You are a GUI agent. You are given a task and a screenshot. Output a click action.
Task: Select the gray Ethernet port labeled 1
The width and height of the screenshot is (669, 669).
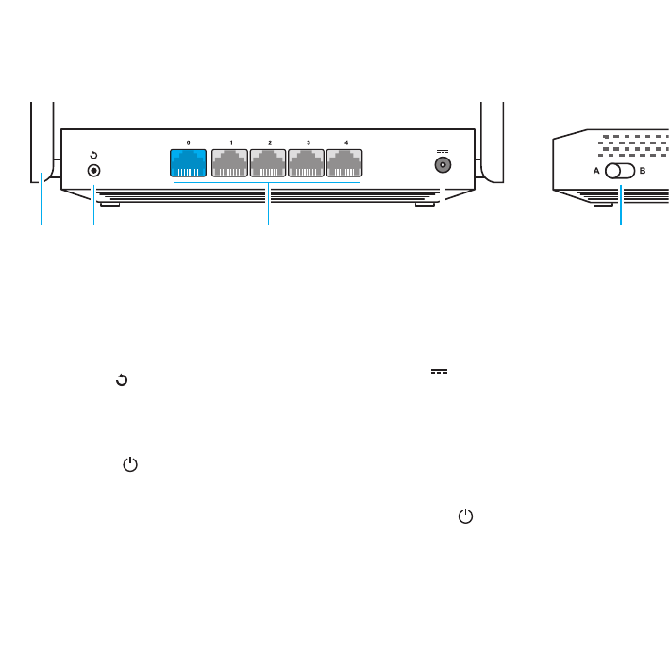click(x=230, y=162)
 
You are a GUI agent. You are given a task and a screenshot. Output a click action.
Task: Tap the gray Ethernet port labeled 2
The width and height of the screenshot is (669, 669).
click(x=269, y=162)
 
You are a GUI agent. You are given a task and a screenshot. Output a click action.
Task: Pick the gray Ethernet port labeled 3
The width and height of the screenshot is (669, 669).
click(x=307, y=162)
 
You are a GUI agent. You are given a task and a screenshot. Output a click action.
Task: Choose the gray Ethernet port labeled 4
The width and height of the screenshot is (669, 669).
click(x=345, y=162)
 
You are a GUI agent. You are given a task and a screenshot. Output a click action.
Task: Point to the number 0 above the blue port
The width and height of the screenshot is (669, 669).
click(x=188, y=142)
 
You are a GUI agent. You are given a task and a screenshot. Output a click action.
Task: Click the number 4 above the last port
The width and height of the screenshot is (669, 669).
click(x=346, y=142)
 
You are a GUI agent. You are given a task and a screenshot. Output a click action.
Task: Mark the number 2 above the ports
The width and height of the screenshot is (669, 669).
click(x=270, y=142)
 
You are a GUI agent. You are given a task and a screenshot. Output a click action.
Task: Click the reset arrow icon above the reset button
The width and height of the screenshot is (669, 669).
click(x=93, y=155)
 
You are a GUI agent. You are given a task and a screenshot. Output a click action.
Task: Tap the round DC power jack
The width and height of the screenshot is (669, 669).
click(x=441, y=166)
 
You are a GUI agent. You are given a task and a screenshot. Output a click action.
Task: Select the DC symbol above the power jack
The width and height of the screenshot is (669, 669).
click(x=441, y=151)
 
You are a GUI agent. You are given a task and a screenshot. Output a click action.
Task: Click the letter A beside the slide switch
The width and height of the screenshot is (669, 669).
click(x=595, y=172)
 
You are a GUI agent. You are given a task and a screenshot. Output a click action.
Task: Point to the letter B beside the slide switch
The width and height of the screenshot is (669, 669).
click(x=643, y=172)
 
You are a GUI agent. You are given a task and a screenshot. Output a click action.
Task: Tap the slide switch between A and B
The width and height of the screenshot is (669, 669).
click(x=619, y=172)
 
